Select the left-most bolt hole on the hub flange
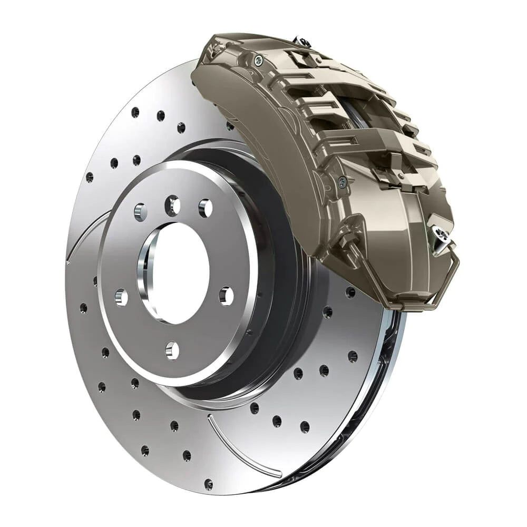[121, 298]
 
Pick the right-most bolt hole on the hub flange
[226, 296]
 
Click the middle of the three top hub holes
[172, 205]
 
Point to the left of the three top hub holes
[141, 212]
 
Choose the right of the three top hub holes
[205, 208]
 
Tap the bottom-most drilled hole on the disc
[209, 483]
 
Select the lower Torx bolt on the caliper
[342, 182]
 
